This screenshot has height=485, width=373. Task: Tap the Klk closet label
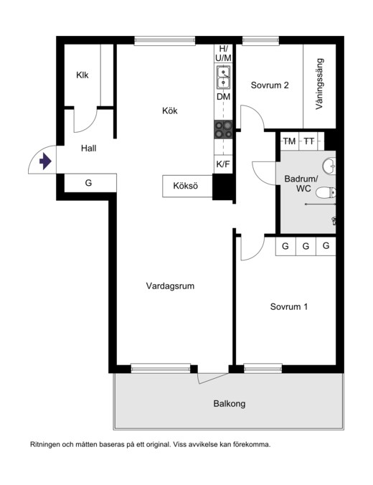(82, 75)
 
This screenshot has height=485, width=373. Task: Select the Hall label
(88, 149)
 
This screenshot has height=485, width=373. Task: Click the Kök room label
(169, 110)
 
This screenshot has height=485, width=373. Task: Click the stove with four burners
(224, 129)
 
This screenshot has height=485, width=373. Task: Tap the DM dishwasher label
(224, 97)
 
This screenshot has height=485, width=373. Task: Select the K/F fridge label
(224, 164)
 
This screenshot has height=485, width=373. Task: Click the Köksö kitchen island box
(187, 186)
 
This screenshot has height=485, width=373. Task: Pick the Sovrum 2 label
(270, 85)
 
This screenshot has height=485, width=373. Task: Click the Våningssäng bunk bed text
(320, 83)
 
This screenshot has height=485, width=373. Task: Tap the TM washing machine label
(289, 141)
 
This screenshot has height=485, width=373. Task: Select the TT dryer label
(308, 141)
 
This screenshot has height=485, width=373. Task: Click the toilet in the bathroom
(326, 192)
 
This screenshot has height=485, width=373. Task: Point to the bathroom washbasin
(329, 166)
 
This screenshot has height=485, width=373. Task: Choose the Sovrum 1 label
(289, 307)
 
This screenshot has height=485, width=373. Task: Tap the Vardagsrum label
(170, 286)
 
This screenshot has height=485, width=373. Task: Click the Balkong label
(229, 404)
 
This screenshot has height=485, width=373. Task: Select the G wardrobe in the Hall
(89, 183)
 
